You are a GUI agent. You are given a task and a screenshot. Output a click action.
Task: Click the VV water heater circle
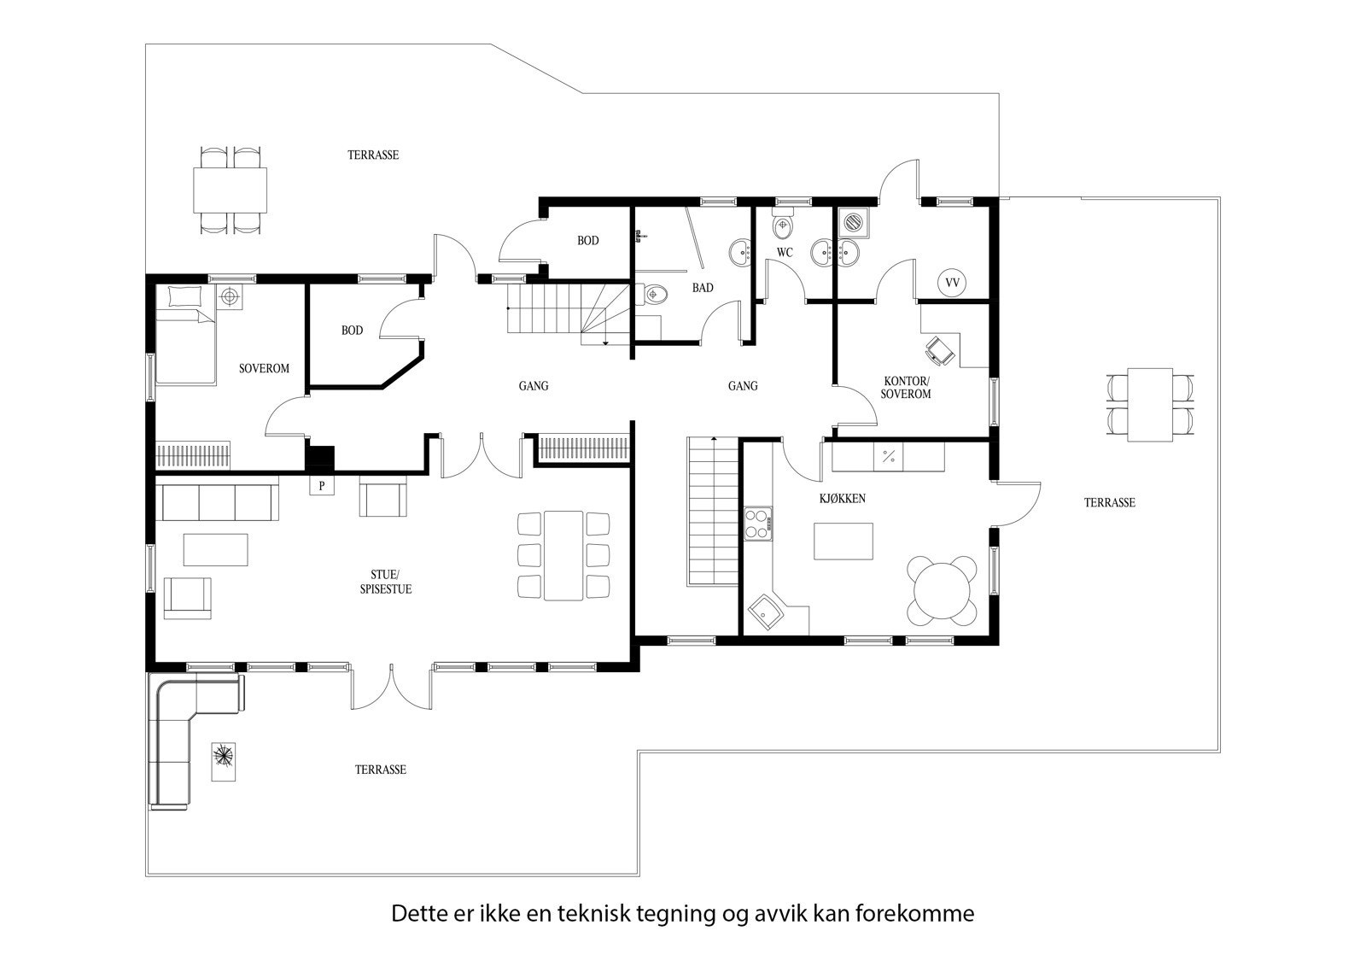[x=952, y=281]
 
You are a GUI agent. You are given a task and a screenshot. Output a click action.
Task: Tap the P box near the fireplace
[x=322, y=485]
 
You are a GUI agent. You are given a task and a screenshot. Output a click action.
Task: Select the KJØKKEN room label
[x=842, y=498]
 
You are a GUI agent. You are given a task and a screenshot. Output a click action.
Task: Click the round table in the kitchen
[x=943, y=590]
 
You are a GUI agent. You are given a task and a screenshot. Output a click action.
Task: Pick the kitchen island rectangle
[x=844, y=541]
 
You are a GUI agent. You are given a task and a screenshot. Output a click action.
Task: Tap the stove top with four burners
[x=757, y=524]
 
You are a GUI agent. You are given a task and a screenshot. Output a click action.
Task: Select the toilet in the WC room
[x=783, y=226]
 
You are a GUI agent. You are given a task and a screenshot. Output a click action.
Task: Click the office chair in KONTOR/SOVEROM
[x=940, y=349]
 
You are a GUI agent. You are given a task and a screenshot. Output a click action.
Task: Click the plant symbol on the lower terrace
[x=225, y=760]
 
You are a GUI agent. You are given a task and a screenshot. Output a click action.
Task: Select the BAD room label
[x=703, y=288]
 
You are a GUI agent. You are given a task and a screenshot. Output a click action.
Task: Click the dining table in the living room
[x=563, y=555]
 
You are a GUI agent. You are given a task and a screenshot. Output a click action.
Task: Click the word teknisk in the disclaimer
[x=594, y=914]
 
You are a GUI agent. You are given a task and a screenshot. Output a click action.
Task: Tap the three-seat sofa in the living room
[x=217, y=501]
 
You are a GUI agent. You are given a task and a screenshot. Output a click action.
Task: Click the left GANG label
[x=534, y=386]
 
